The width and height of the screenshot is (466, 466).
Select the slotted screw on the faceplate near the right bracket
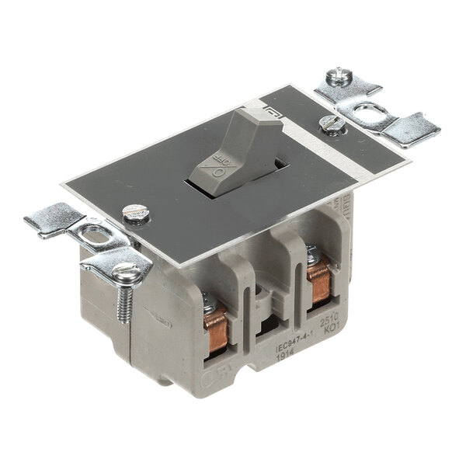click(x=329, y=122)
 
